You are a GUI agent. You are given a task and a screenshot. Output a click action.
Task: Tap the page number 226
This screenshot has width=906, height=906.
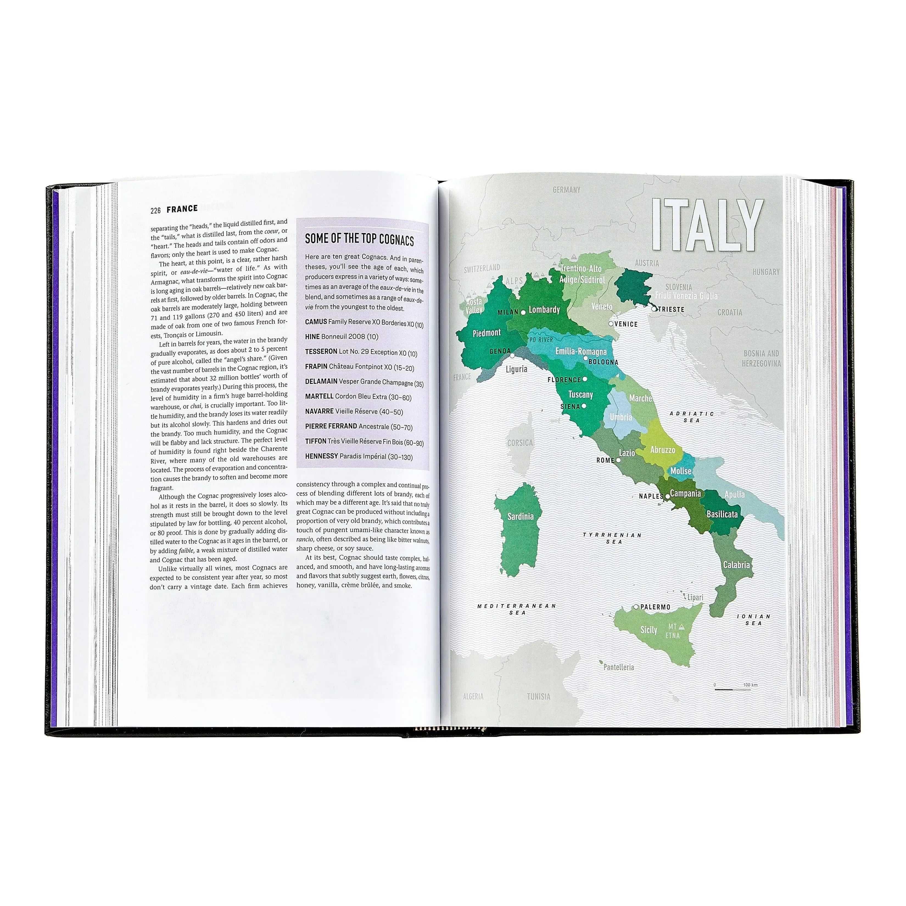pyautogui.click(x=156, y=210)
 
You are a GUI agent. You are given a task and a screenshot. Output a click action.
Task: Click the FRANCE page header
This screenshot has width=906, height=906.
pyautogui.click(x=182, y=209)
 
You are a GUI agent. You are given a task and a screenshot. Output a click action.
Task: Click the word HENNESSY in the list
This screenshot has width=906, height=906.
pyautogui.click(x=321, y=456)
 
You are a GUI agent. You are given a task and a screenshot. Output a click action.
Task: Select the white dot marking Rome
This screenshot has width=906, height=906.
pyautogui.click(x=618, y=460)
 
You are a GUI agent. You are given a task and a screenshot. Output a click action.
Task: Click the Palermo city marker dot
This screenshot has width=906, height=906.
pyautogui.click(x=636, y=607)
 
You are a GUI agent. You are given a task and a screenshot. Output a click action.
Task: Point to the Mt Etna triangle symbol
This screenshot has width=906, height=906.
pyautogui.click(x=682, y=626)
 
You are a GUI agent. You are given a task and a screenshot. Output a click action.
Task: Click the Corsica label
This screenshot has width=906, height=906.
pyautogui.click(x=520, y=443)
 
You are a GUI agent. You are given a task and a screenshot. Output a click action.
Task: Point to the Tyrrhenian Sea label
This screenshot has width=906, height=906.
pyautogui.click(x=612, y=538)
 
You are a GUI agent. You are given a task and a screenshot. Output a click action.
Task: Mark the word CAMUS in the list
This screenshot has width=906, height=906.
pyautogui.click(x=316, y=322)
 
